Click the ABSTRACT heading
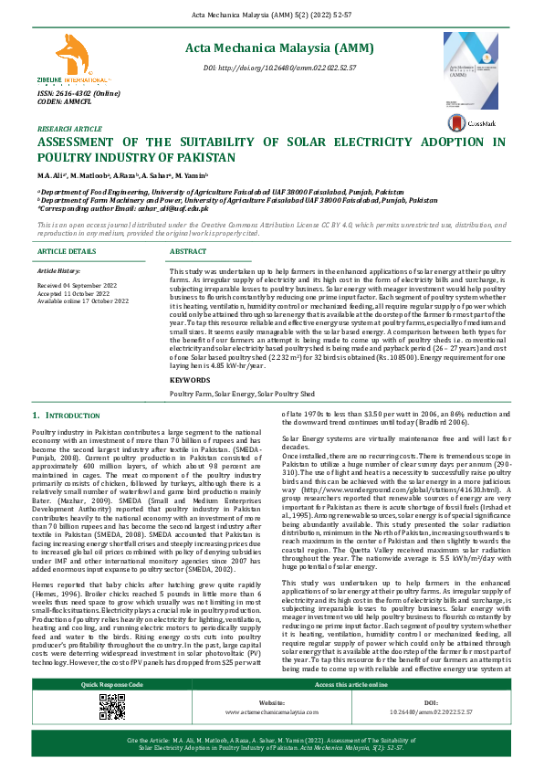tap(188, 251)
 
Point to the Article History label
tap(58, 272)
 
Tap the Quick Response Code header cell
tap(112, 710)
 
